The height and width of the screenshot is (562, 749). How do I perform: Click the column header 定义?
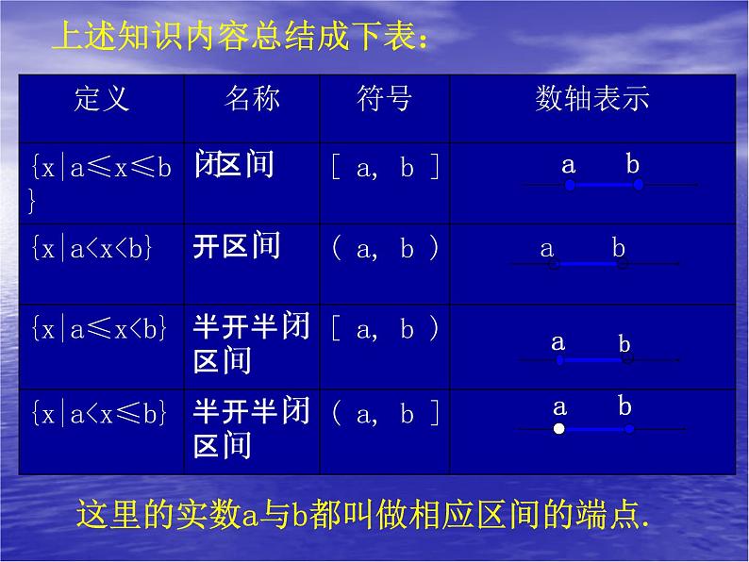(x=100, y=99)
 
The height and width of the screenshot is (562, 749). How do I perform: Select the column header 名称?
(x=252, y=99)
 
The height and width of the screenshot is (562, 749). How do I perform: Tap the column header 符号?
(x=385, y=99)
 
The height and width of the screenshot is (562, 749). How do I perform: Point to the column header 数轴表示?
(x=592, y=99)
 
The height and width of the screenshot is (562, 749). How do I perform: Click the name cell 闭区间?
(x=234, y=166)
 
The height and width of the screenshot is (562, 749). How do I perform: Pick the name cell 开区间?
(x=237, y=247)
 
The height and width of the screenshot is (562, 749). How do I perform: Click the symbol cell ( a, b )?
(x=385, y=249)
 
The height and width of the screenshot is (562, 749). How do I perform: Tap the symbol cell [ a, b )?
(x=385, y=329)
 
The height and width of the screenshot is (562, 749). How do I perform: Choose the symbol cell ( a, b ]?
(x=385, y=410)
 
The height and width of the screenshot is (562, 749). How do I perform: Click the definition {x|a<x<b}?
(x=92, y=249)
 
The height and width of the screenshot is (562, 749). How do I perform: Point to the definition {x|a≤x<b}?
(x=99, y=329)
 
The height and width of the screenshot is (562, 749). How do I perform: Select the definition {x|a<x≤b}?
(x=99, y=410)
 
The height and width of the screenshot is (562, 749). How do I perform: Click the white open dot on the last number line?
(x=559, y=429)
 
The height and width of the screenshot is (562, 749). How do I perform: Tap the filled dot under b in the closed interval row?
(x=639, y=186)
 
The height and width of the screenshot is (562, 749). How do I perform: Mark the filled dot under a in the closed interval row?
(x=570, y=186)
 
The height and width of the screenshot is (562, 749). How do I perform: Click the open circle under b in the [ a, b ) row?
(x=626, y=359)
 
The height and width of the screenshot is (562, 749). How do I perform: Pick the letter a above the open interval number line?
(x=547, y=249)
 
